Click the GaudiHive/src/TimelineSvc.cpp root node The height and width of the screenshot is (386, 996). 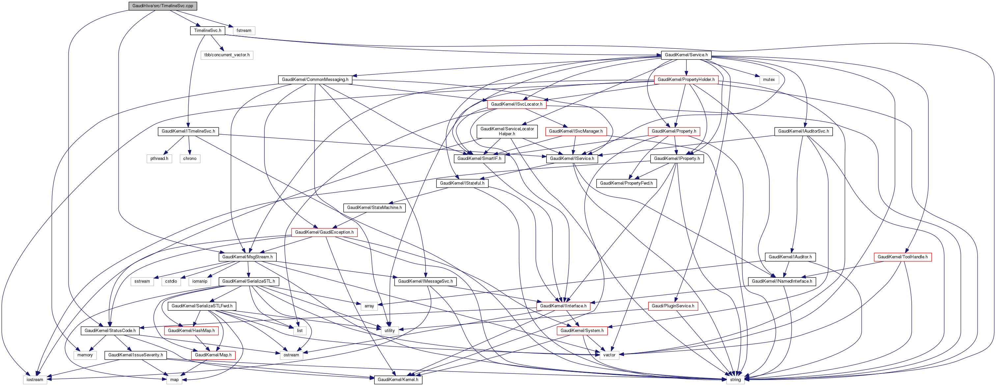[162, 6]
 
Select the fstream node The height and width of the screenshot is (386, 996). [244, 31]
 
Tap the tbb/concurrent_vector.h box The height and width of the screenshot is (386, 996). [227, 55]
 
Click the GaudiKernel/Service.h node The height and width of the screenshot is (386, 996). [686, 55]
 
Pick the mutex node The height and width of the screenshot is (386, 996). [769, 80]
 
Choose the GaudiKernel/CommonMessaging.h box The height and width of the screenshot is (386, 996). [315, 80]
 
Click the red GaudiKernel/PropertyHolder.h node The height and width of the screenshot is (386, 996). [686, 80]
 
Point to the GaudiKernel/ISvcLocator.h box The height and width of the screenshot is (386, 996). [516, 104]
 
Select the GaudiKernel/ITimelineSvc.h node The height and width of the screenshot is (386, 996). [188, 131]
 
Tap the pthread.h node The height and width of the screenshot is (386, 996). [159, 158]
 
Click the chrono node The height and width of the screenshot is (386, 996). [190, 158]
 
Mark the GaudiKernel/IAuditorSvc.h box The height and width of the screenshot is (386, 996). [803, 131]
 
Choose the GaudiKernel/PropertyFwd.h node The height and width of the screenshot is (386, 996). [626, 183]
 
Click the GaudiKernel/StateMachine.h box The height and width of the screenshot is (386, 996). [374, 208]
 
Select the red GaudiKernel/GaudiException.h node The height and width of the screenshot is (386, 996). [324, 232]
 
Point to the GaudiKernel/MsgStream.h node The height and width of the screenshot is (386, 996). [247, 257]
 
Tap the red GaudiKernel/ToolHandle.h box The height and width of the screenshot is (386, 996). [902, 257]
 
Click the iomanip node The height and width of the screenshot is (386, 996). [200, 281]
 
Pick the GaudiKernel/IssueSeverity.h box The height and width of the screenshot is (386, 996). [135, 355]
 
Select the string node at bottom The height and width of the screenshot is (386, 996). [735, 380]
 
